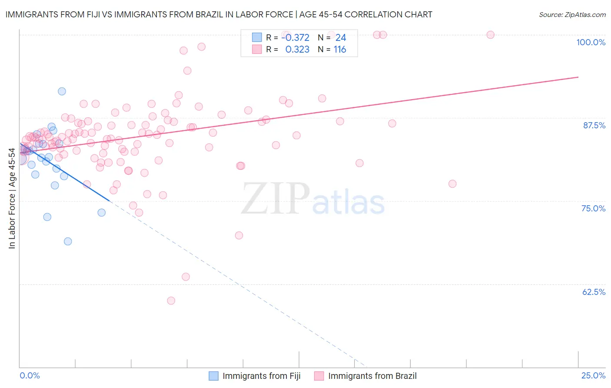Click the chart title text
tap(219, 14)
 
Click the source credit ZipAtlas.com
tap(572, 14)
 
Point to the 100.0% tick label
tap(591, 42)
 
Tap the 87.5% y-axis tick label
tap(594, 125)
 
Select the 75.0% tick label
tap(593, 208)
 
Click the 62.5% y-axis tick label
tap(594, 292)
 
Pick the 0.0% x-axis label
tap(30, 375)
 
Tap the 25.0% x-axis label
tap(593, 375)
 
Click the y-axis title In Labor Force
tap(12, 198)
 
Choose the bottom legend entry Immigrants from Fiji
tap(261, 376)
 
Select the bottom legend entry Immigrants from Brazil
tap(372, 376)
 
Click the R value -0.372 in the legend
tap(295, 38)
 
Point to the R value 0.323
tap(297, 50)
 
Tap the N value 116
tap(340, 50)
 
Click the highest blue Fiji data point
tap(62, 91)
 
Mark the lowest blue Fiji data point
tap(68, 241)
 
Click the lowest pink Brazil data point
tap(171, 301)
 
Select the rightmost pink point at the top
tap(490, 35)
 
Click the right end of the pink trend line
tap(578, 77)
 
